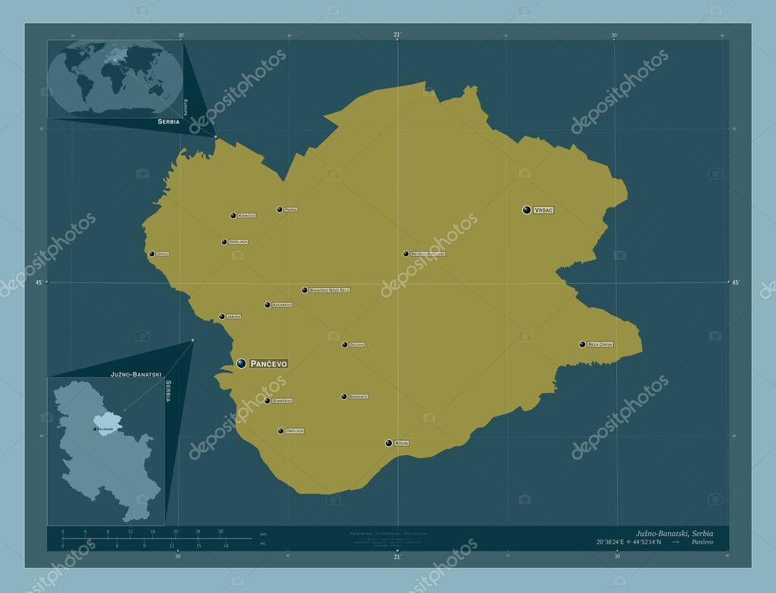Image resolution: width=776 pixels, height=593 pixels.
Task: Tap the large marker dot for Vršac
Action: (527, 209)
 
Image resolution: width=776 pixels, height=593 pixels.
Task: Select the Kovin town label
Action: (402, 443)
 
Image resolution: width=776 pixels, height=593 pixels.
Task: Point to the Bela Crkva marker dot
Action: (582, 345)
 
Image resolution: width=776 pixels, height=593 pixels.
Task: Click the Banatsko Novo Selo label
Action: (330, 290)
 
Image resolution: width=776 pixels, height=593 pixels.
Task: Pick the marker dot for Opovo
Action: (152, 254)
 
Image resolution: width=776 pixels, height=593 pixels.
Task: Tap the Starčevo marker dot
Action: (267, 401)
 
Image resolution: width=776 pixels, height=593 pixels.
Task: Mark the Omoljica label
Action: (295, 431)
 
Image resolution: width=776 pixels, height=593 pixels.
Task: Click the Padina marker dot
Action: (279, 209)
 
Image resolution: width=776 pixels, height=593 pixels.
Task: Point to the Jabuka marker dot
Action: (221, 317)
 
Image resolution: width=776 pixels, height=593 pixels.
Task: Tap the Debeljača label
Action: (238, 242)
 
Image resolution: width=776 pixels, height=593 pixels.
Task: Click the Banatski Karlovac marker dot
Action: (405, 254)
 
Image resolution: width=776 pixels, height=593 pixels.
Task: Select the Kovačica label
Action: (246, 216)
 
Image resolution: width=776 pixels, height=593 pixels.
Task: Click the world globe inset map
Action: (114, 78)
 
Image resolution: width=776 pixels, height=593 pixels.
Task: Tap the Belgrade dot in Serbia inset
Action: (95, 429)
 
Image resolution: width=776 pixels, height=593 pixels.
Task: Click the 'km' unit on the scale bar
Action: (263, 534)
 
